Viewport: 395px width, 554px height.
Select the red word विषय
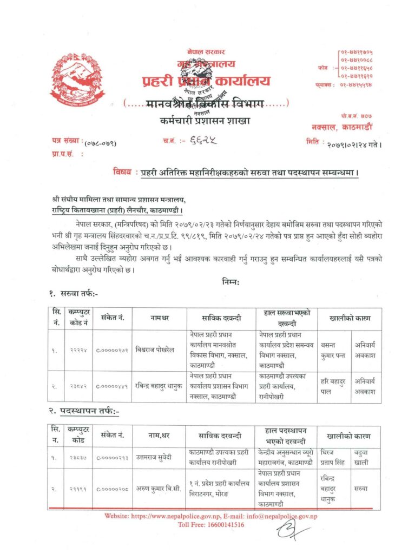click(x=122, y=173)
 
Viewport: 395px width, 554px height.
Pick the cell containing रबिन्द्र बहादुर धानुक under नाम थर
click(x=159, y=386)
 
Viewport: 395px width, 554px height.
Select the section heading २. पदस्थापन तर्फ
click(x=83, y=412)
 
